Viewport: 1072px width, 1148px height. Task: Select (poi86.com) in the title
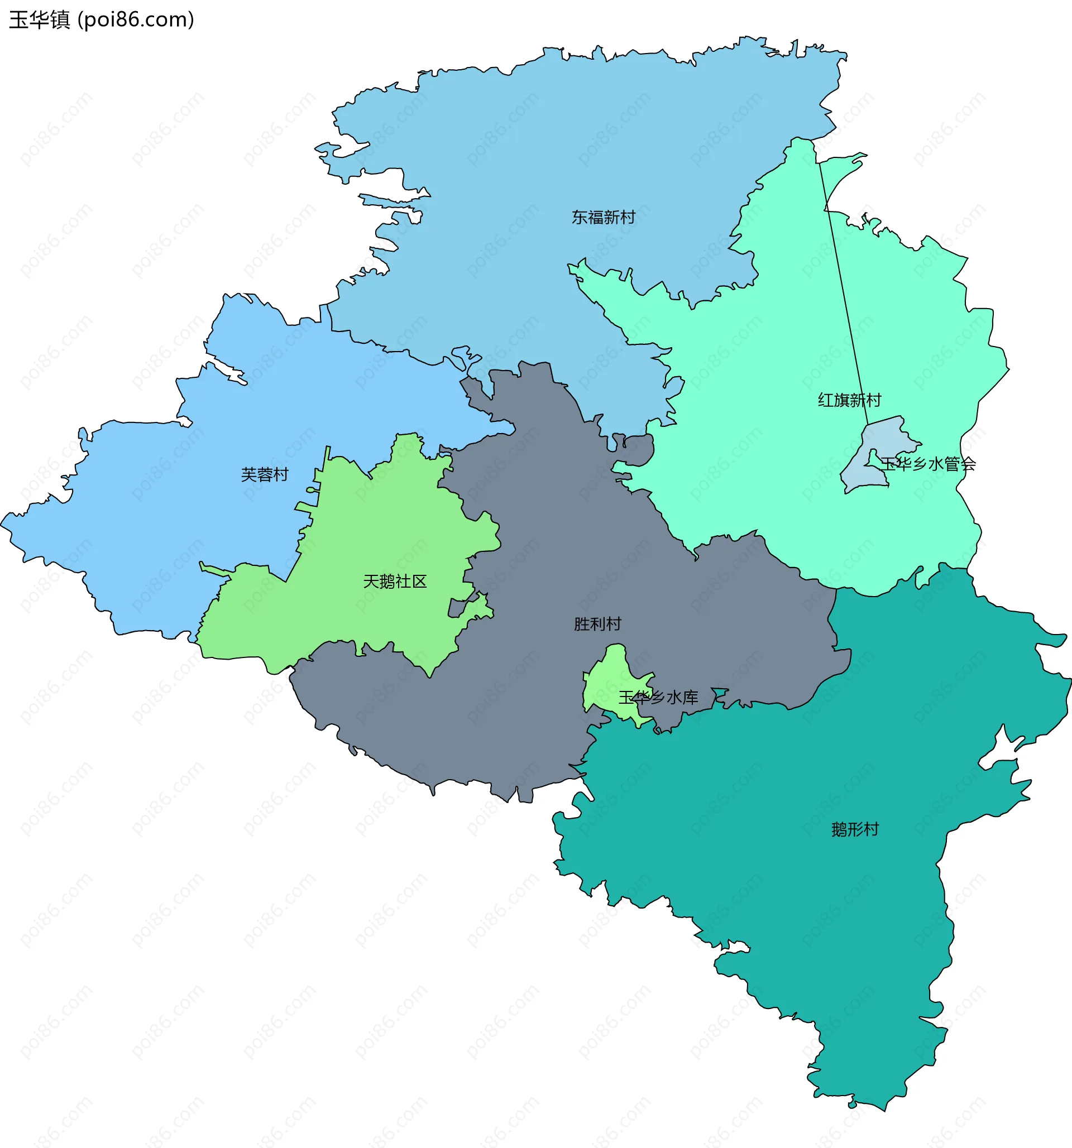[x=136, y=20]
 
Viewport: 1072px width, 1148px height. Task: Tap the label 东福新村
[x=603, y=217]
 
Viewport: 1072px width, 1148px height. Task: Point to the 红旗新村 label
[x=849, y=400]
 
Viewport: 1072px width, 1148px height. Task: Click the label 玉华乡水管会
[x=927, y=464]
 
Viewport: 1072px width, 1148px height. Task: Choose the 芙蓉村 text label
[x=265, y=475]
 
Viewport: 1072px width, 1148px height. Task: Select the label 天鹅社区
[x=395, y=582]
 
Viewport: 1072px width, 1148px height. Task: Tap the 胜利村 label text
[x=597, y=623]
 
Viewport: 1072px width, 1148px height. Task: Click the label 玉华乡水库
[x=658, y=698]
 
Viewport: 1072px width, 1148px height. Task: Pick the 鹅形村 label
[x=855, y=830]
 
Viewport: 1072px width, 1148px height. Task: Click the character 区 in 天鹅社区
[x=419, y=582]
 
